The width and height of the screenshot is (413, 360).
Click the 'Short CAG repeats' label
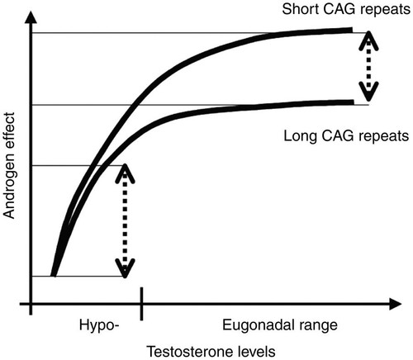(x=346, y=10)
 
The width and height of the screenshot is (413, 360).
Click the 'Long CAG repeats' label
(x=346, y=136)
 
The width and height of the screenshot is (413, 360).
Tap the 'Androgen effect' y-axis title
(x=9, y=165)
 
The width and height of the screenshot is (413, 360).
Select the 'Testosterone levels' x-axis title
(x=211, y=352)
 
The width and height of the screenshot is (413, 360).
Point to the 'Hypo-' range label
(x=99, y=325)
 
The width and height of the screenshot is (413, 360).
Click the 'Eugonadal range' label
(x=280, y=325)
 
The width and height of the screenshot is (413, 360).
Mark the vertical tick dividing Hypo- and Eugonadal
(x=141, y=304)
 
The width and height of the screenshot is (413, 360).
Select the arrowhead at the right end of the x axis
(x=395, y=304)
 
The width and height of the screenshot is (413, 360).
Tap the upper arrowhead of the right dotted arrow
(x=368, y=40)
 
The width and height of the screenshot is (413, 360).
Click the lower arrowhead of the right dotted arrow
(x=368, y=92)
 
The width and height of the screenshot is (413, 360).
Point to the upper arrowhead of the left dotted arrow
(x=125, y=173)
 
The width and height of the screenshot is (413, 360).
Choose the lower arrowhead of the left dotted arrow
(x=125, y=268)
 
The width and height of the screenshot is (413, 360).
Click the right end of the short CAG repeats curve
(x=352, y=30)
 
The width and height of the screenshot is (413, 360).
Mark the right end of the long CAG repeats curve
(x=353, y=102)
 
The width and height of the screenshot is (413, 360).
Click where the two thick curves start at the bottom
(x=53, y=275)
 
